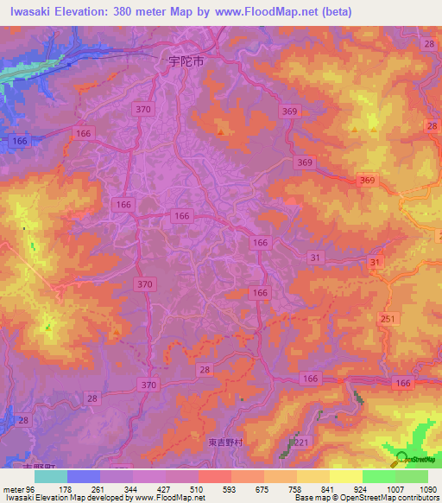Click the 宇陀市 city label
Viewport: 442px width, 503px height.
point(186,62)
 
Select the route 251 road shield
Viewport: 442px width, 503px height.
point(388,320)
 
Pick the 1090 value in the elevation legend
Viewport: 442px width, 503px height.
point(429,488)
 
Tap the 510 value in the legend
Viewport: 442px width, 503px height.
point(197,488)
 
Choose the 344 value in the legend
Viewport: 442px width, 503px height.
point(130,488)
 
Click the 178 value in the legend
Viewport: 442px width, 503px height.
point(64,488)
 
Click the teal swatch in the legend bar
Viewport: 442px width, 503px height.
point(51,476)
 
